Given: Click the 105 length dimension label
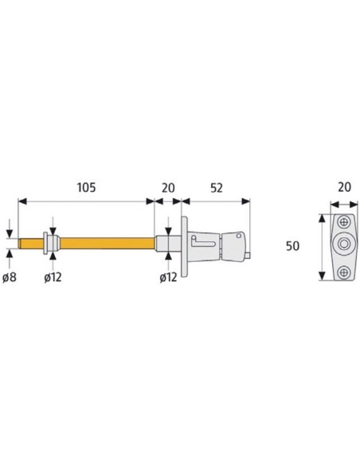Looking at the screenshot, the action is click(86, 188).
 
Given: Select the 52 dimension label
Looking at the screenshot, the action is click(216, 188).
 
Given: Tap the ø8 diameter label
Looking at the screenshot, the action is click(10, 277).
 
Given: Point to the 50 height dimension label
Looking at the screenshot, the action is click(292, 246).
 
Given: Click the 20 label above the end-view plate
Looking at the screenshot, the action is click(344, 187).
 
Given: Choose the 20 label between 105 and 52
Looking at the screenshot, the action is click(168, 188).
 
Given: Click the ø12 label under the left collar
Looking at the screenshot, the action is click(53, 277).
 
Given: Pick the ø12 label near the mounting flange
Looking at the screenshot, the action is click(168, 277).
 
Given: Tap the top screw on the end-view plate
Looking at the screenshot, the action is click(344, 222).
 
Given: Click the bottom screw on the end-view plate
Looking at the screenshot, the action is click(344, 272).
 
